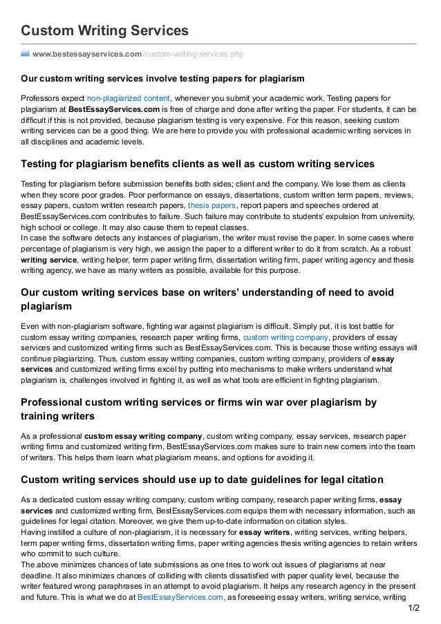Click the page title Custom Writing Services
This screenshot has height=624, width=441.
[x=104, y=30]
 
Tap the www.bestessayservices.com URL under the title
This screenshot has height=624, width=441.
[x=86, y=54]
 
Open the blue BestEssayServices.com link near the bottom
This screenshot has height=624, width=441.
[x=180, y=595]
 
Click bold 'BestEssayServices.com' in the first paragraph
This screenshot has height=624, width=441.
[x=119, y=109]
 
